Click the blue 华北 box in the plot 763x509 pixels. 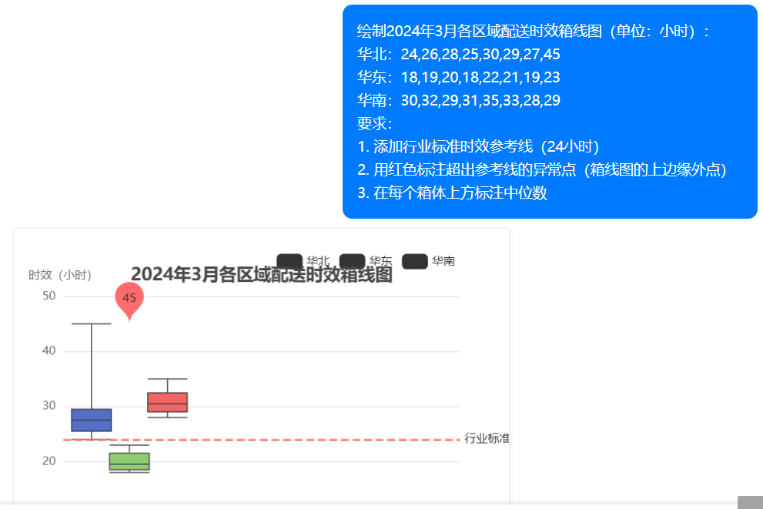pos(92,420)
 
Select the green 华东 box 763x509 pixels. pos(129,461)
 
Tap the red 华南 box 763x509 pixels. pos(167,402)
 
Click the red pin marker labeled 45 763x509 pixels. pos(129,299)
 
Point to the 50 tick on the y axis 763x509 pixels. pos(49,296)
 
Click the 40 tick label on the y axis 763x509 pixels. pos(49,351)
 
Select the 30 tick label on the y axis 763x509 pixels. pos(49,406)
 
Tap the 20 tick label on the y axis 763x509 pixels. pos(49,461)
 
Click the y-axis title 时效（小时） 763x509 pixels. pos(60,275)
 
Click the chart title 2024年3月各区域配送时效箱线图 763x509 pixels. pos(261,275)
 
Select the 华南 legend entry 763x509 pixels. pos(429,261)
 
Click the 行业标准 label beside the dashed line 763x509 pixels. pos(486,438)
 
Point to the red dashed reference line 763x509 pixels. pos(308,440)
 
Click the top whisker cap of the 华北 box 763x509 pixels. pos(92,324)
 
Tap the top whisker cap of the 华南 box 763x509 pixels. pos(167,379)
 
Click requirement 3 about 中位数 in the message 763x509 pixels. pos(453,193)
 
